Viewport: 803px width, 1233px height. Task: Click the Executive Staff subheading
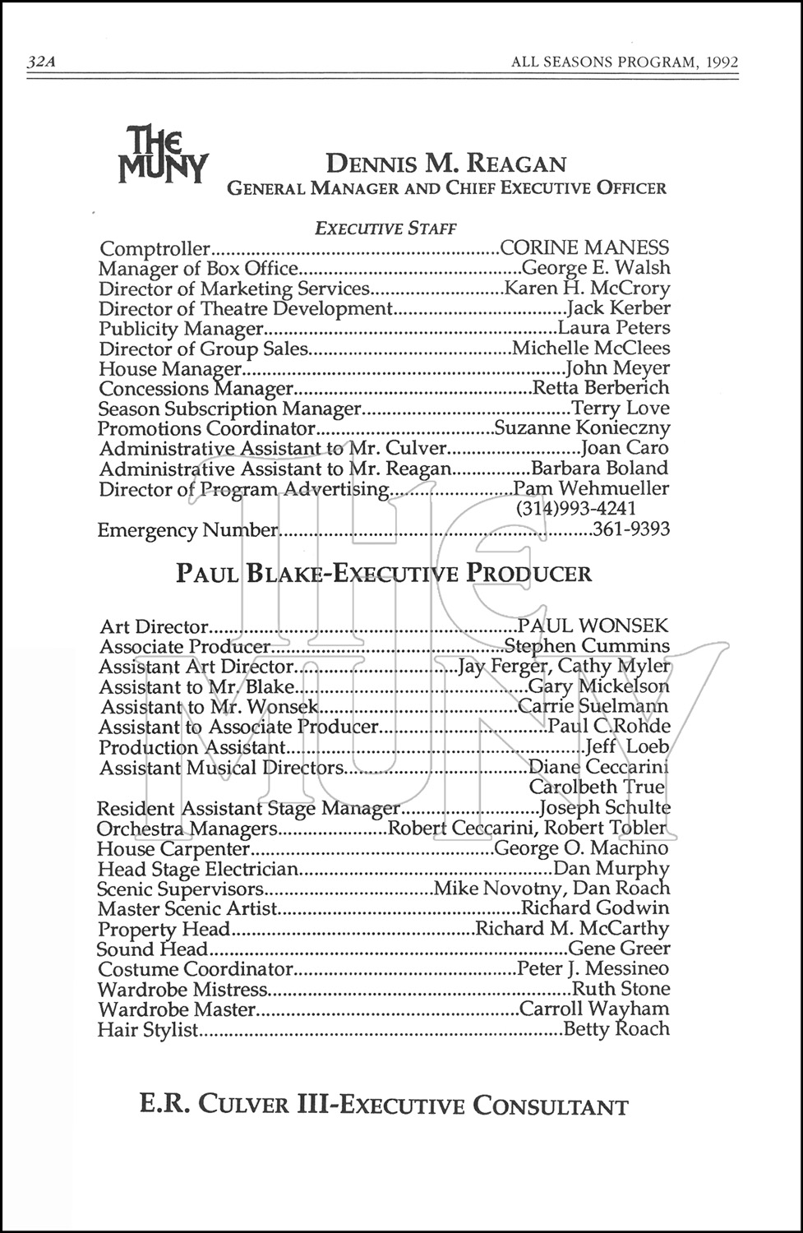point(386,229)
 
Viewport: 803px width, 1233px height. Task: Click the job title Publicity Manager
point(180,329)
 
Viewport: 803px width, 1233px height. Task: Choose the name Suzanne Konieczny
point(581,428)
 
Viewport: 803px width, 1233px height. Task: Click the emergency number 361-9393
point(630,529)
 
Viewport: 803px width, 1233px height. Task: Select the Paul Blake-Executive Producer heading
point(384,573)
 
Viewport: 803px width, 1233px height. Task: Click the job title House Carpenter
point(173,848)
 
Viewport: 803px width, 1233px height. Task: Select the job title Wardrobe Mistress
point(182,989)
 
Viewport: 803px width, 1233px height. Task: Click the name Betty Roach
point(617,1029)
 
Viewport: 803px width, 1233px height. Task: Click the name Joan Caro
point(625,449)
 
